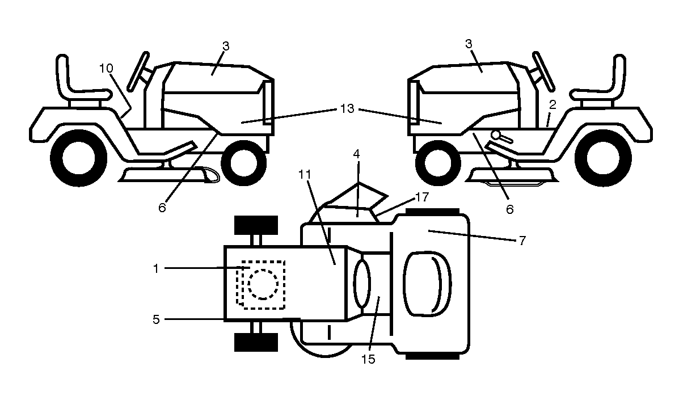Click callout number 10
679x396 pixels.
coord(106,69)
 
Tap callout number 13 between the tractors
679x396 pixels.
coord(347,108)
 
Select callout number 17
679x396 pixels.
coord(422,197)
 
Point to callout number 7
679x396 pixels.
coord(522,241)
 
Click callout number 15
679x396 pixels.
coord(369,359)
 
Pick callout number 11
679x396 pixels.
coord(305,174)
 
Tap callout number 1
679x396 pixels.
coord(156,268)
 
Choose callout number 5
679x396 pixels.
coord(157,320)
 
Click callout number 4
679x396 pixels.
coord(356,153)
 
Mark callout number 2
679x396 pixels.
coord(552,105)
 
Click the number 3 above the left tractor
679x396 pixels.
coord(226,46)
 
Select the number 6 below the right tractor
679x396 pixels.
coord(510,210)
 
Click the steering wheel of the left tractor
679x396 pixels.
coord(138,71)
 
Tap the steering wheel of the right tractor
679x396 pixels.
coord(543,71)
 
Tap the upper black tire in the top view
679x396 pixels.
coord(256,225)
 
